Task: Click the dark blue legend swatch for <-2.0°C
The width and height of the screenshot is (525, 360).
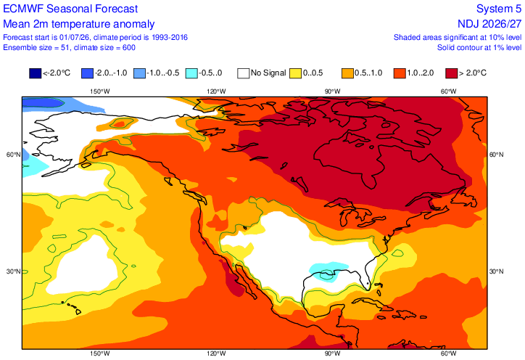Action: point(35,73)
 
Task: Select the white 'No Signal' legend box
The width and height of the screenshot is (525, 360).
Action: point(244,73)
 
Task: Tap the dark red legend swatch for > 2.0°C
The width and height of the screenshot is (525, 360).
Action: point(451,73)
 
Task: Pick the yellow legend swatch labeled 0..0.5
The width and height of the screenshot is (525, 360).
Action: point(295,73)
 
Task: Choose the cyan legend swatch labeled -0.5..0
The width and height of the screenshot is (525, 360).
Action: point(191,73)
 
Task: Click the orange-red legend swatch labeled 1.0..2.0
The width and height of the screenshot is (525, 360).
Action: point(400,73)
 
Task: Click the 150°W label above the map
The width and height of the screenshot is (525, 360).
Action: point(100,91)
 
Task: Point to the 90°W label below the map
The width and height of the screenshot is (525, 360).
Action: point(332,353)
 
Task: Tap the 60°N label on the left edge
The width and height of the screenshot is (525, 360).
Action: point(13,155)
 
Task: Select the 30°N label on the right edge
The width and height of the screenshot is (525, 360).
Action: point(497,271)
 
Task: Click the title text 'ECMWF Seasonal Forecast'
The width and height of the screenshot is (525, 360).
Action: point(70,9)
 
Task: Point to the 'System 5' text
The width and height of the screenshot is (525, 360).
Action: point(499,9)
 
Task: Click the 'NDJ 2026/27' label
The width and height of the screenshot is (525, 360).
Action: point(489,24)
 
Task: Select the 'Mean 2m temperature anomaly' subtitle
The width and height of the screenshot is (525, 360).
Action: point(79,24)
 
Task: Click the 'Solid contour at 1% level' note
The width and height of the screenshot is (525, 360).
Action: point(479,48)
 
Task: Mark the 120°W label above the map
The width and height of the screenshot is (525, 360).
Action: point(216,91)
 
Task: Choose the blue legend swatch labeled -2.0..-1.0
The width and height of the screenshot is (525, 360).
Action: point(88,73)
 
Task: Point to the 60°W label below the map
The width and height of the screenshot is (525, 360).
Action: point(448,353)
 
